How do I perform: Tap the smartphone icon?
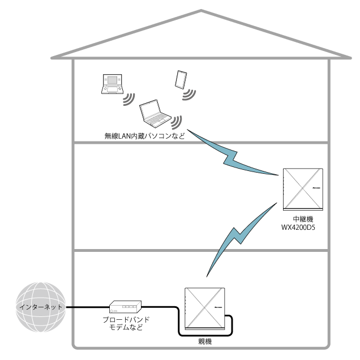tap(181, 79)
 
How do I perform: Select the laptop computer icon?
tap(155, 114)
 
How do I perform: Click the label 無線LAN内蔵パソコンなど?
tap(145, 136)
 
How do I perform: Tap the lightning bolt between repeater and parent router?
tap(232, 241)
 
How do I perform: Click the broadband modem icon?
tap(125, 307)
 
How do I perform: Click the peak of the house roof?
tap(200, 10)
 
